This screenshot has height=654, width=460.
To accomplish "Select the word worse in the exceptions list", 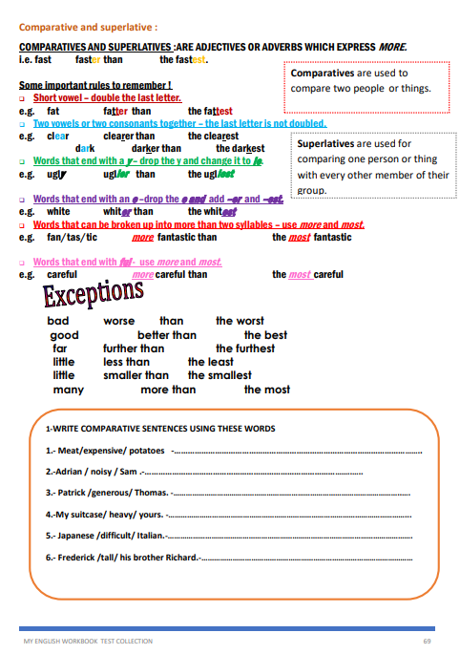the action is [x=119, y=322].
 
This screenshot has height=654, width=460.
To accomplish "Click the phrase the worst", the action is [x=240, y=322].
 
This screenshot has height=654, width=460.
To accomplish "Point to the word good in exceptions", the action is [x=65, y=335].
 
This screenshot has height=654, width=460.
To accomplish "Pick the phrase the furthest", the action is [x=246, y=348].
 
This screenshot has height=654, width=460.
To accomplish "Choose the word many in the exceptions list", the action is [x=68, y=390].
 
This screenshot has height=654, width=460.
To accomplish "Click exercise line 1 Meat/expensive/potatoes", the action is [x=106, y=450].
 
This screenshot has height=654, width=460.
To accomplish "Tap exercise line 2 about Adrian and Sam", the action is [x=93, y=472].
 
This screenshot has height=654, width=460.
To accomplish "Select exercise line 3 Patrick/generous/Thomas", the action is [x=107, y=493].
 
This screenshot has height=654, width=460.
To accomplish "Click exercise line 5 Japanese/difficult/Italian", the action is [x=106, y=536].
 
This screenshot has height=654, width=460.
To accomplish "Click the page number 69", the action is [x=427, y=642].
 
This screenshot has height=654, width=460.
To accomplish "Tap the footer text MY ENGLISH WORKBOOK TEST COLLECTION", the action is [x=88, y=642].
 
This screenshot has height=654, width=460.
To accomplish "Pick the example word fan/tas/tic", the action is [x=73, y=238].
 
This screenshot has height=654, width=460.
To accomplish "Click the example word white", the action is [x=58, y=212].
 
